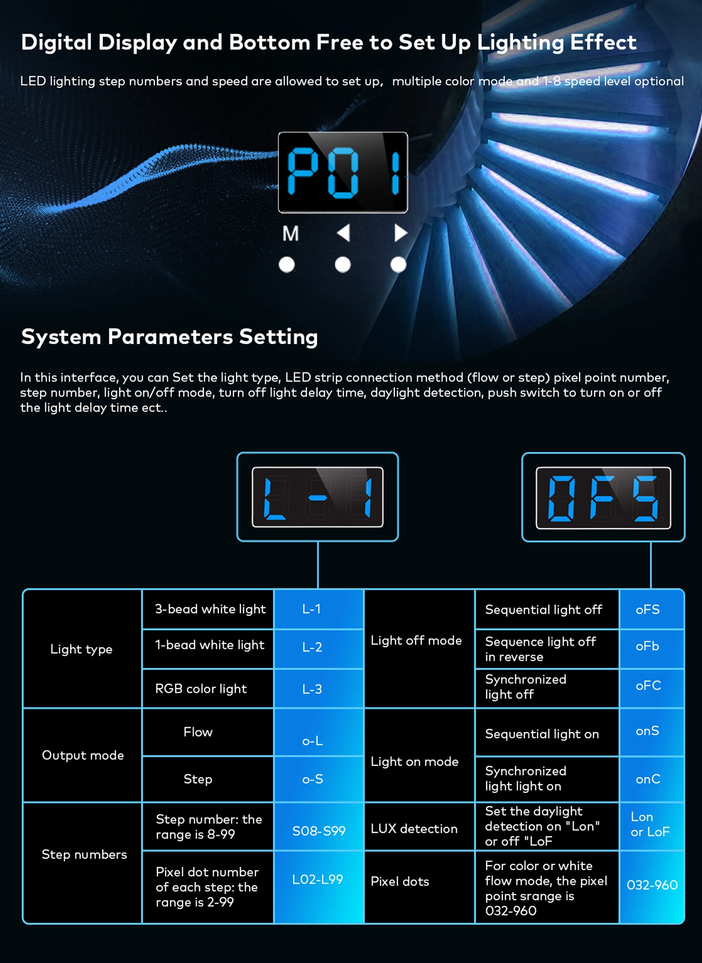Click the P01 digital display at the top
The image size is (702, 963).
tap(343, 172)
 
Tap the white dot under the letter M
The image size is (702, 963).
tap(286, 265)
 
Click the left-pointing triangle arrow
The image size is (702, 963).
tap(344, 233)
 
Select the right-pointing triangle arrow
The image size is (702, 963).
tap(401, 233)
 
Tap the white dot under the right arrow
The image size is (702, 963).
tap(398, 265)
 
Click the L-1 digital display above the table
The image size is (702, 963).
tap(317, 497)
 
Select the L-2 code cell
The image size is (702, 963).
tap(318, 647)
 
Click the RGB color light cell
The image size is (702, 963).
tap(208, 689)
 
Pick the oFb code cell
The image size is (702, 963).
tap(652, 647)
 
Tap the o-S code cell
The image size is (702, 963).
tap(318, 779)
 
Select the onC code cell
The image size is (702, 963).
tap(652, 779)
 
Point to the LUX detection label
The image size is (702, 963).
tap(414, 828)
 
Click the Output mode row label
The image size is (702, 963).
tap(83, 755)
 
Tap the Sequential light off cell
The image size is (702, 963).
tap(547, 609)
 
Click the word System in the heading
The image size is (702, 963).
tap(61, 337)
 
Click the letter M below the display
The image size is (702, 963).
tap(291, 233)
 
